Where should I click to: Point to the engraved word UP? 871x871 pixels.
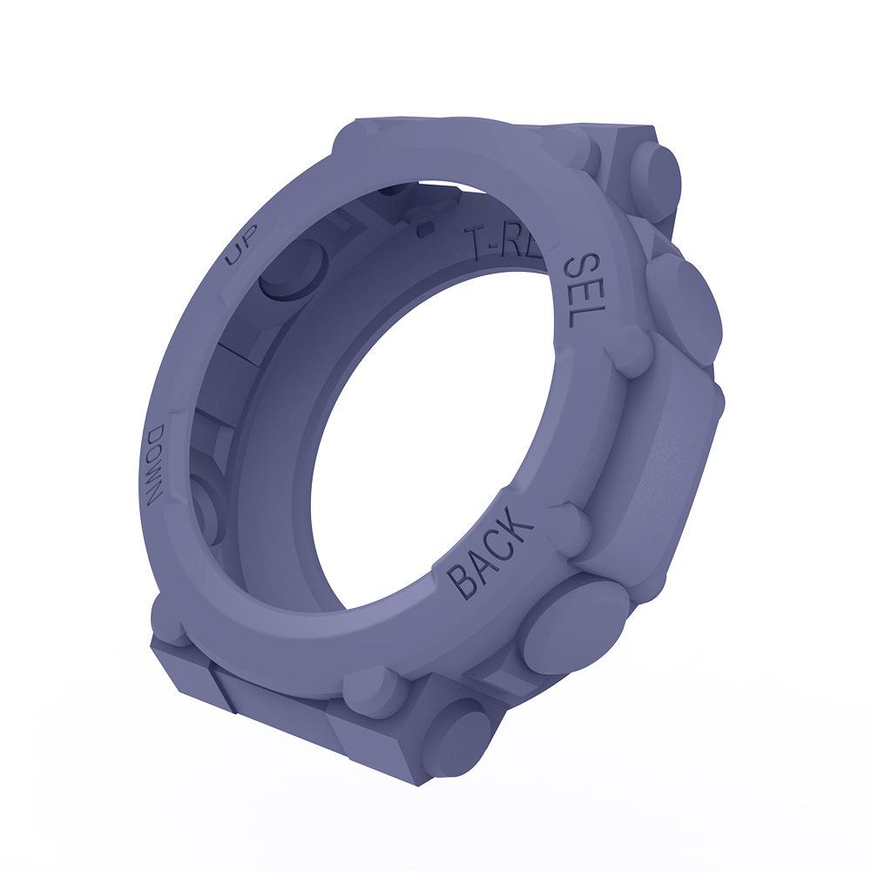[x=233, y=253]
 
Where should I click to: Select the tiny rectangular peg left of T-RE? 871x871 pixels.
[x=424, y=229]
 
